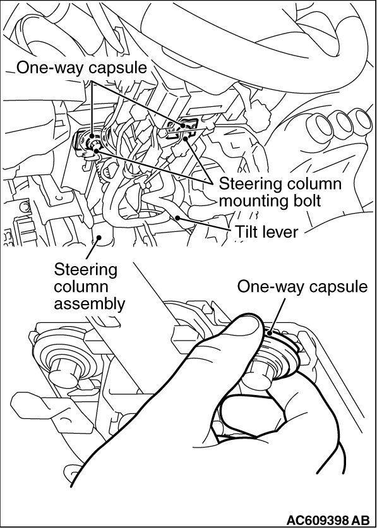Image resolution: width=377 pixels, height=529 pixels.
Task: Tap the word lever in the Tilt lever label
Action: coord(281,232)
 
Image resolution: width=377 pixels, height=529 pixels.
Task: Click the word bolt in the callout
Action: coord(306,201)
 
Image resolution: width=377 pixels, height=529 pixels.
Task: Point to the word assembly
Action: coord(90,304)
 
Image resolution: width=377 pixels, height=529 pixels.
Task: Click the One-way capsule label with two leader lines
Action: coord(81,68)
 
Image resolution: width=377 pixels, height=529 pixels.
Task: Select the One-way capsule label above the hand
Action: coord(302,287)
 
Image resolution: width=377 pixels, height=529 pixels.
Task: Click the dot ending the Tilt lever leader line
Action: coord(177,217)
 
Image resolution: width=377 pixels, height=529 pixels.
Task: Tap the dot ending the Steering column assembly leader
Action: coord(99,238)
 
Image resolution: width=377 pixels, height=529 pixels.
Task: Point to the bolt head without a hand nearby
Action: coord(65,372)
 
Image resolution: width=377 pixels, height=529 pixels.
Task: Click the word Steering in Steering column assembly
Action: coord(86,271)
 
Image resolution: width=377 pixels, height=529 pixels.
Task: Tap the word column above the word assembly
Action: coord(81,287)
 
